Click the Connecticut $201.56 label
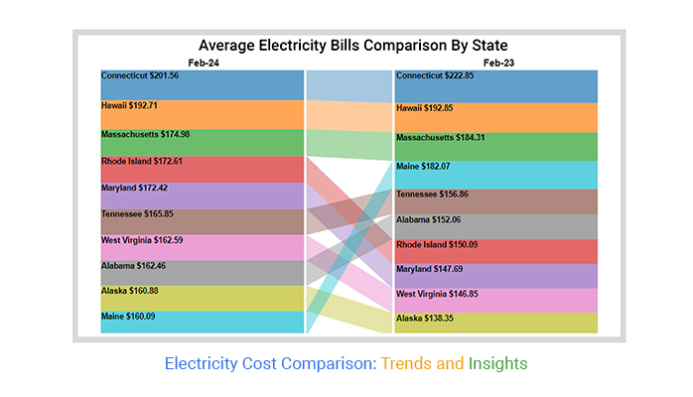coord(141,76)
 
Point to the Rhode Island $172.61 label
coord(142,161)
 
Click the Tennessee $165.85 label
coord(140,213)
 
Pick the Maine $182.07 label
coord(424,166)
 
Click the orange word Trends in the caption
coord(405,364)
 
